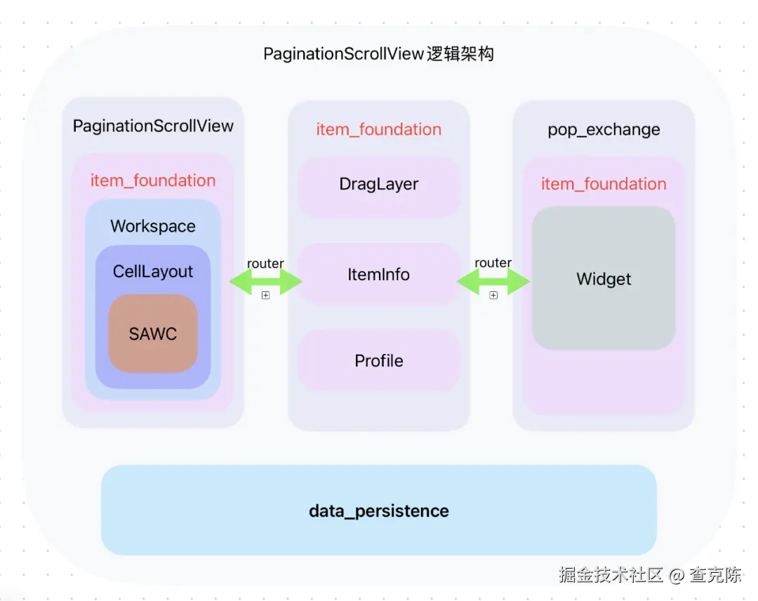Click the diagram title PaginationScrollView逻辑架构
378,54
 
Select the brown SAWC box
153,334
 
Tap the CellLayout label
153,272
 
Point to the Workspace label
153,227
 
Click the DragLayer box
379,185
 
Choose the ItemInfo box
379,275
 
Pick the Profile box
379,361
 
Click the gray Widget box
604,279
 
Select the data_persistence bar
379,510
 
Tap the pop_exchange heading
604,130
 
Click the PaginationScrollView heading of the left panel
153,126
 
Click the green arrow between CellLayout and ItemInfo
265,282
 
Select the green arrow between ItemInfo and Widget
493,282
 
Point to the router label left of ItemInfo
265,263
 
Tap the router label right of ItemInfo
493,263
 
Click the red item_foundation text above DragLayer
379,130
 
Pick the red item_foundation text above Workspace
153,180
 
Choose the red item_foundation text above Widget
604,184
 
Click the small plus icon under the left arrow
265,296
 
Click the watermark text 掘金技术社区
611,575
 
